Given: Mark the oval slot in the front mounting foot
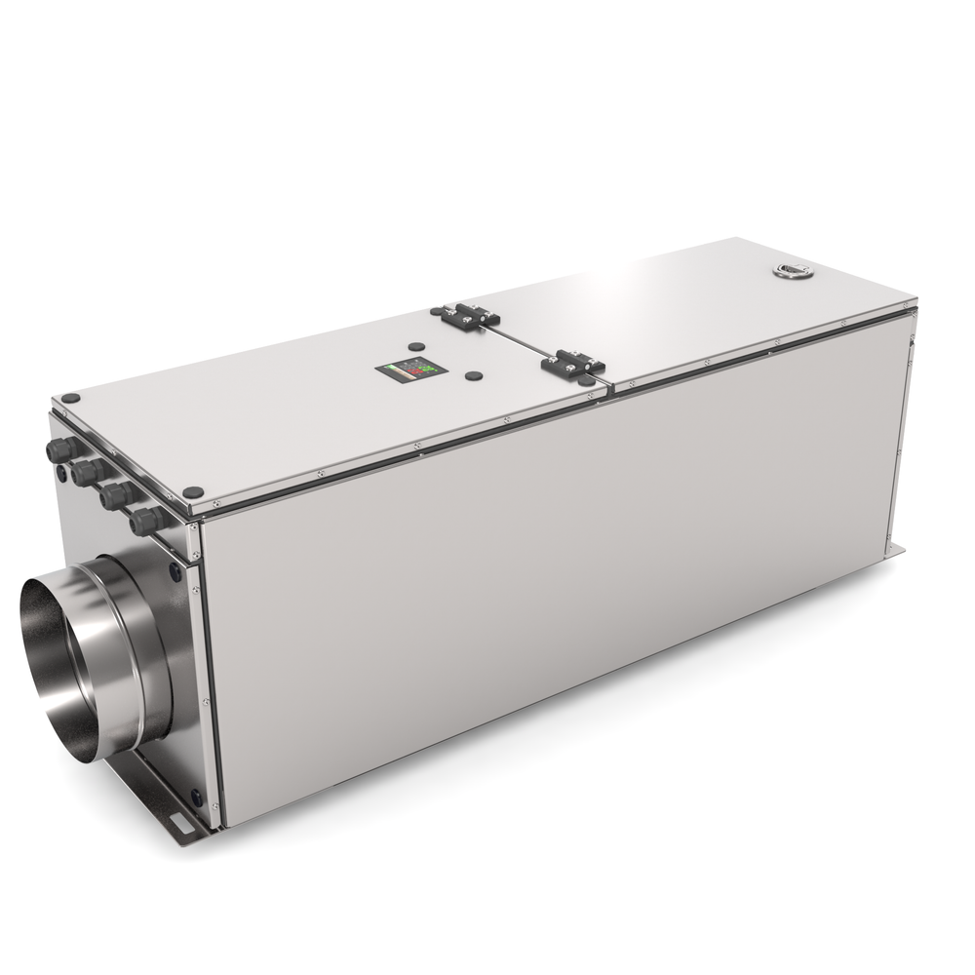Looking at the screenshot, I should pyautogui.click(x=180, y=825).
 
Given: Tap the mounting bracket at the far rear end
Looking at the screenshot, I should pyautogui.click(x=895, y=552).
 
